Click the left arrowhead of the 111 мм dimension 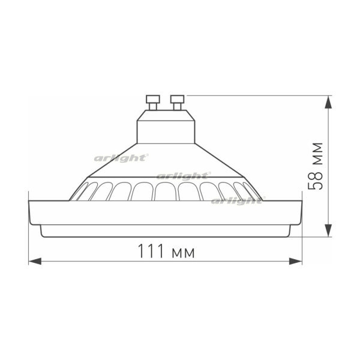[35, 262]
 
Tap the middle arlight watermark [184, 176]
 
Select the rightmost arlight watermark [235, 200]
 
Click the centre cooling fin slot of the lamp [165, 191]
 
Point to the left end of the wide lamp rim [31, 211]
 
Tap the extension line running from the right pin [258, 95]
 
